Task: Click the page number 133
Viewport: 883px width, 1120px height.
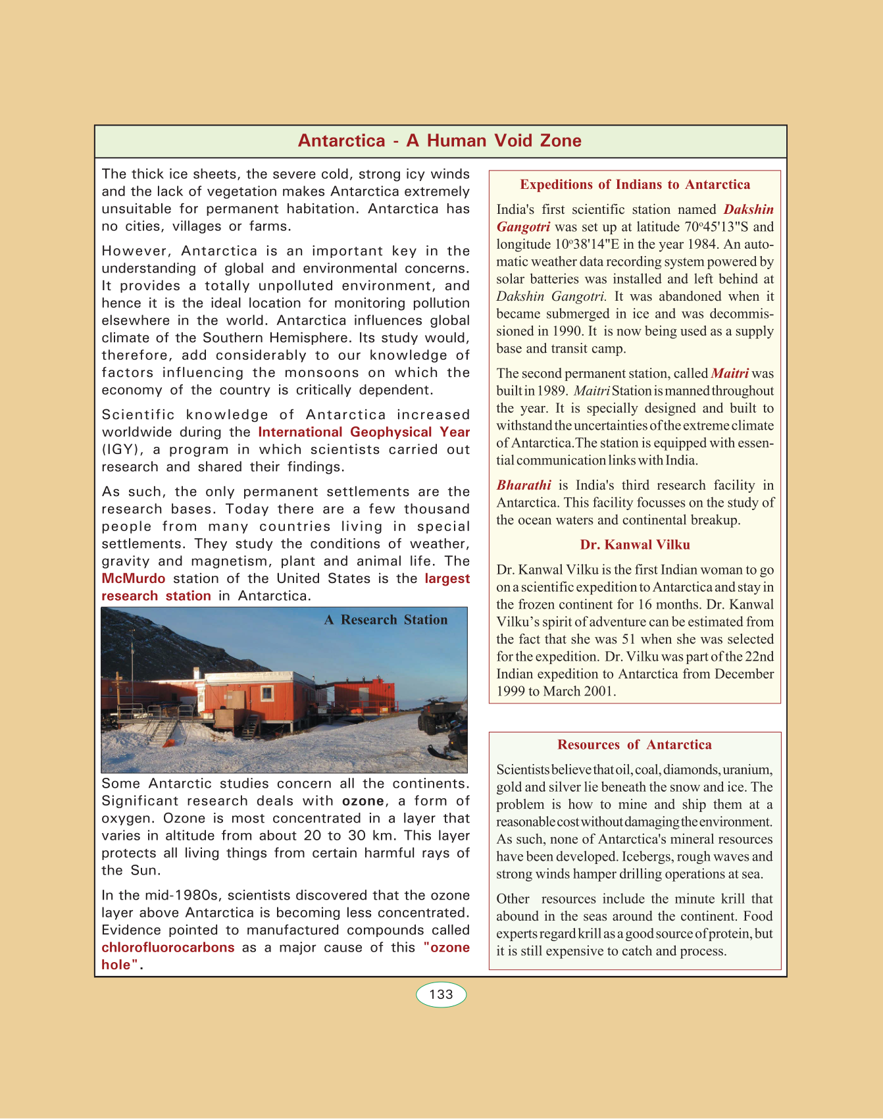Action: (441, 994)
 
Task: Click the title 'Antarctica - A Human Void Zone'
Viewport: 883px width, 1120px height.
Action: (440, 141)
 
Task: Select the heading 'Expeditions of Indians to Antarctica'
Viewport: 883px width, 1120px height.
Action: (635, 185)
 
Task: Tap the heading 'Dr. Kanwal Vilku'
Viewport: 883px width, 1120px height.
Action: (635, 545)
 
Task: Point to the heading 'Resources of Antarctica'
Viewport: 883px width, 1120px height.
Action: (634, 745)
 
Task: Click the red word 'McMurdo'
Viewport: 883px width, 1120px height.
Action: (133, 579)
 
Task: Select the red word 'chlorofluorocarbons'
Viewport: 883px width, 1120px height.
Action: (168, 948)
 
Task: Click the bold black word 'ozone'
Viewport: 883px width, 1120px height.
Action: (363, 801)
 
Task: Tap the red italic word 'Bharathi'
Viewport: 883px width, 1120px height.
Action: (524, 486)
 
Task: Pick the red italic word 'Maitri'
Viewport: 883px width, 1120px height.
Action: (730, 374)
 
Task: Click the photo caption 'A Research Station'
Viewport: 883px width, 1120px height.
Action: (386, 620)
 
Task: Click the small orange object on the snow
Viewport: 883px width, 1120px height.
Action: (169, 743)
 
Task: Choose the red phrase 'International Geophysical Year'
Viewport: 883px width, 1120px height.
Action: (364, 432)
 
